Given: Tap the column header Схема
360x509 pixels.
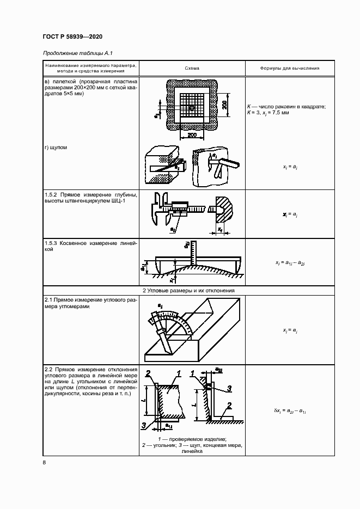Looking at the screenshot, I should coord(192,69).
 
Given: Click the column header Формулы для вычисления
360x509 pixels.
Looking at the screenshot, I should coord(290,69).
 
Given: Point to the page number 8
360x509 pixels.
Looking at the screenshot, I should coord(44,463).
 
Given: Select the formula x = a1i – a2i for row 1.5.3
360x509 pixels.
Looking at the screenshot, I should coord(290,263).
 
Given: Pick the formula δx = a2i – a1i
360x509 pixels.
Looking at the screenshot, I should coord(290,410).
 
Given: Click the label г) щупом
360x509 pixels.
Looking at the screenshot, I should coord(56,147).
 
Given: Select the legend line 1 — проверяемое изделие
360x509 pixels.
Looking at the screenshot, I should coord(192,439).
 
